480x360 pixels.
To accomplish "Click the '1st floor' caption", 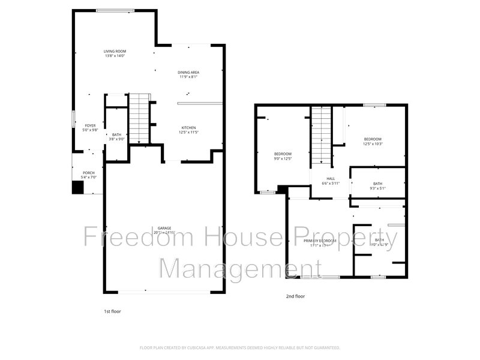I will tap(113, 311).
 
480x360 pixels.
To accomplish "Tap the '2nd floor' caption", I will tap(295, 296).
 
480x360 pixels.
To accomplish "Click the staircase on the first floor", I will tap(139, 118).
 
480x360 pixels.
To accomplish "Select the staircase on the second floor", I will tap(321, 136).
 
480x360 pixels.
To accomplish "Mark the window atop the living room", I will tap(115, 10).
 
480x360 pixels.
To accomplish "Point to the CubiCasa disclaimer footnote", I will tap(240, 347).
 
